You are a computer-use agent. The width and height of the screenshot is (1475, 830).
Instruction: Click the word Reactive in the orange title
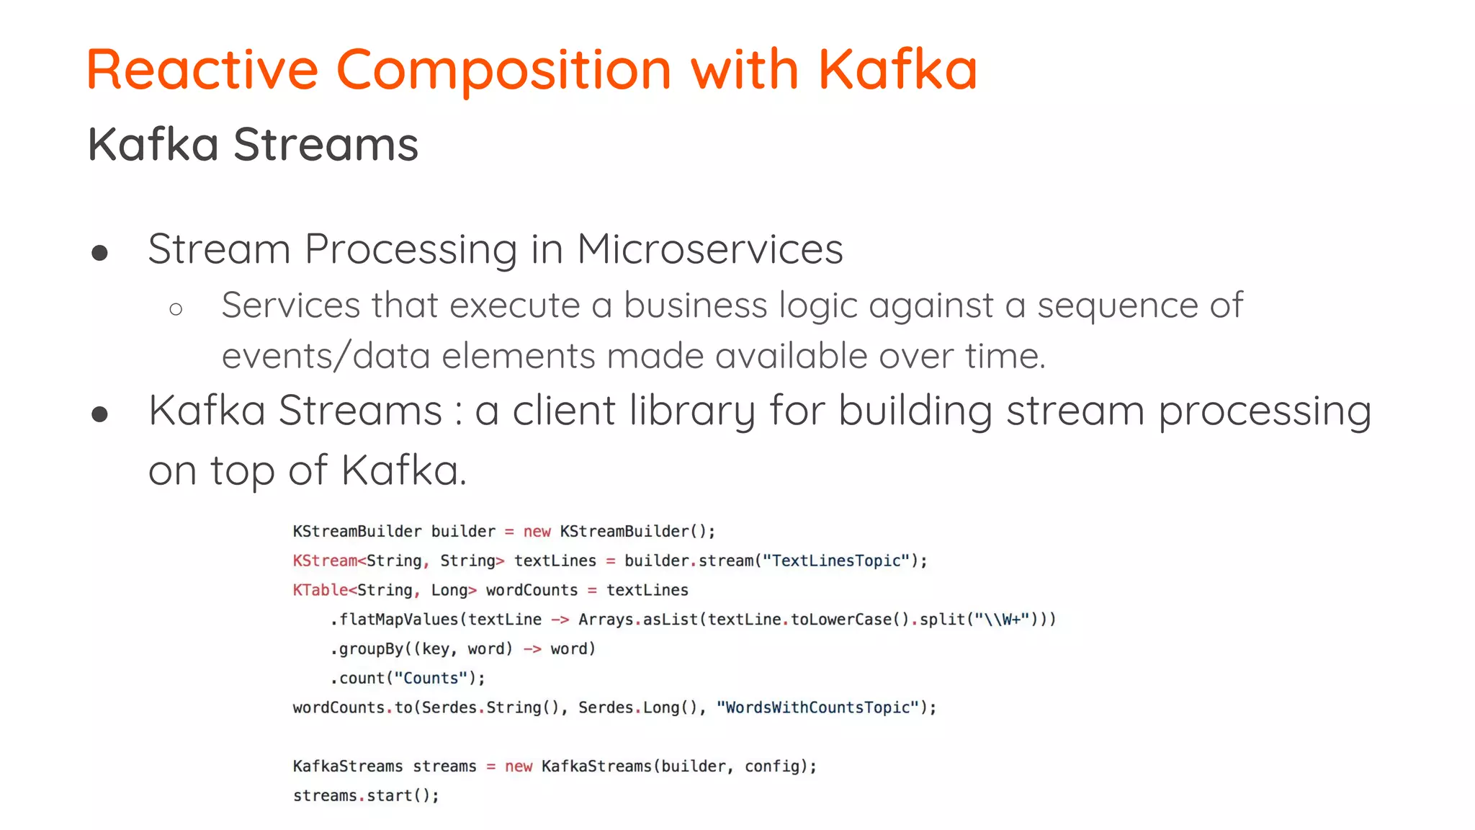coord(202,70)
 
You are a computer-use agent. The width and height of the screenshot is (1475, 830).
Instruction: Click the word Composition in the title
coord(503,70)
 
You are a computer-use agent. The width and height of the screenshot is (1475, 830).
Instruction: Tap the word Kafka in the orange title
coord(897,70)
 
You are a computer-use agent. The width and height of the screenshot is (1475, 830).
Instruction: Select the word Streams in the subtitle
coord(326,144)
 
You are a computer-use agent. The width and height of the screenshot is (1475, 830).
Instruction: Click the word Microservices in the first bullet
coord(709,249)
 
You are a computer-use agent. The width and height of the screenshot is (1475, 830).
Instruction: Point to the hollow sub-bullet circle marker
coord(176,310)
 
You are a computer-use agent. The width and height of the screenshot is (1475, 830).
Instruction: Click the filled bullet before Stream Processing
coord(100,253)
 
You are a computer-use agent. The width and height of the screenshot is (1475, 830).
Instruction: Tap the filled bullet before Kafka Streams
coord(100,414)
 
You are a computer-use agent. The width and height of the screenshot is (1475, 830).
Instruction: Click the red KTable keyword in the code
coord(320,590)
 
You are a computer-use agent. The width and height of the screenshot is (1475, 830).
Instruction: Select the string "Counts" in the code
coord(431,678)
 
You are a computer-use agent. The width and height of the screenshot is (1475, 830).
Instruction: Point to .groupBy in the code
coord(367,648)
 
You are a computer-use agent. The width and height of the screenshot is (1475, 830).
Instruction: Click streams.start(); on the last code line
coord(365,795)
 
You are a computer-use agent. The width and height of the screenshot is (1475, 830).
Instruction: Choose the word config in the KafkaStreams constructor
coord(771,766)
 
